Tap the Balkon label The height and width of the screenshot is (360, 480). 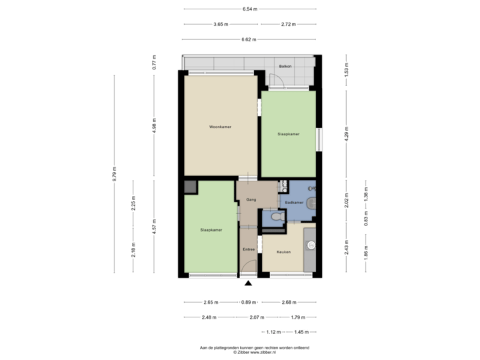coord(287,67)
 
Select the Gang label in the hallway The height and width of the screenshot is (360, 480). coord(251,199)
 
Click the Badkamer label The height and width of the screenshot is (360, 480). coord(294,202)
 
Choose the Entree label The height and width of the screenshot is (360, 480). coord(249,249)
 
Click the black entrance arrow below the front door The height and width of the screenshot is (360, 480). coord(249,283)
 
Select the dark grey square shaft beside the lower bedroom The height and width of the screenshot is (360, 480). coord(190,187)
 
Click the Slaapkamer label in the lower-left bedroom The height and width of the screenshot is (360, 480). coord(211,229)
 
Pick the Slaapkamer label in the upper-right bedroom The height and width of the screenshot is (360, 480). coord(288,134)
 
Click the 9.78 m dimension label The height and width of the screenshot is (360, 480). coord(115,173)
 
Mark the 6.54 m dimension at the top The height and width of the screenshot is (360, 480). coord(250,9)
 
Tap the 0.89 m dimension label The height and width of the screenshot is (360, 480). coord(249,302)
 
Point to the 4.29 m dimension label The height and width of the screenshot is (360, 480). coord(346,131)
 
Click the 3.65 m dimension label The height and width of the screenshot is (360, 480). coord(221,24)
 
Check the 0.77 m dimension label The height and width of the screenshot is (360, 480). coord(154,62)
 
